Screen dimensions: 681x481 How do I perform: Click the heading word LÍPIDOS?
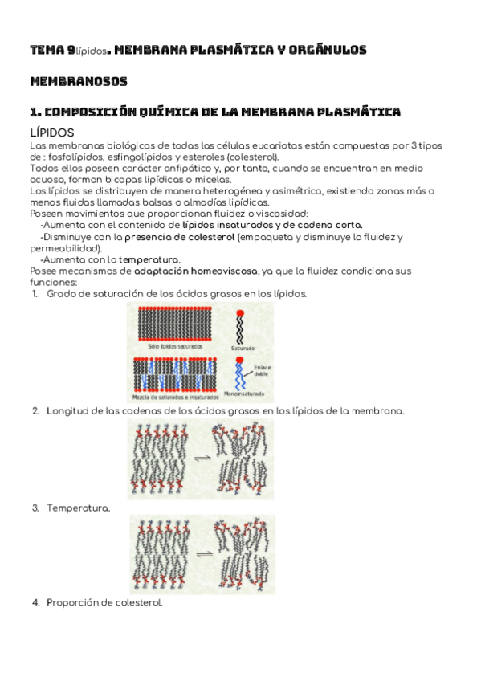(52, 132)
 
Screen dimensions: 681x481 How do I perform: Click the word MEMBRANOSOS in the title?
(78, 81)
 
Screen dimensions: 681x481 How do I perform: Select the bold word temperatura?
(149, 260)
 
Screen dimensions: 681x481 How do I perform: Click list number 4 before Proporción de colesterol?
(35, 603)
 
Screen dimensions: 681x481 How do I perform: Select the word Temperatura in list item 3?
(78, 508)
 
